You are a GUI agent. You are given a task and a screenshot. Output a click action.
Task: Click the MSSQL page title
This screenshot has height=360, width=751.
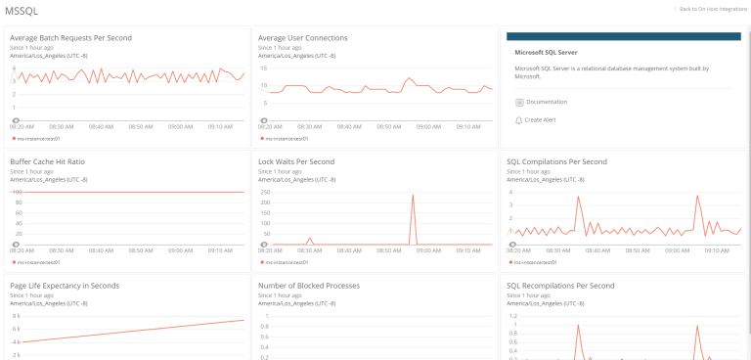pos(21,10)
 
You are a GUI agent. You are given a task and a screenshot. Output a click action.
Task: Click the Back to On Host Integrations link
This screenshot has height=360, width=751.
pos(711,8)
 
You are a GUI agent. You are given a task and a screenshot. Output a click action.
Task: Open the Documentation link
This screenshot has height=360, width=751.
pos(546,102)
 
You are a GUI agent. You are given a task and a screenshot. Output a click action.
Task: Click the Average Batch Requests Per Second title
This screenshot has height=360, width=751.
pos(70,38)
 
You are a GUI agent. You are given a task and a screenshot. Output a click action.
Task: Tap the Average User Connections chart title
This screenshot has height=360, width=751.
pos(302,38)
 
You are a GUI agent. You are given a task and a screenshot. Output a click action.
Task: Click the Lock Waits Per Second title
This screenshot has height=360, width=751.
pos(296,161)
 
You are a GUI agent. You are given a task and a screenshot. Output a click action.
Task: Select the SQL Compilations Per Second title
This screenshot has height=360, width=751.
pos(556,161)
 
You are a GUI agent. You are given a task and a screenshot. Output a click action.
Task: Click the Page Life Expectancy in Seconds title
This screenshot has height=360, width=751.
pos(65,286)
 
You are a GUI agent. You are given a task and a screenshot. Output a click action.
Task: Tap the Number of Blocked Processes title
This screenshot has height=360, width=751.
pos(309,286)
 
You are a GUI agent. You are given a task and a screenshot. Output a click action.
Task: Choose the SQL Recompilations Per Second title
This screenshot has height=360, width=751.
pos(560,286)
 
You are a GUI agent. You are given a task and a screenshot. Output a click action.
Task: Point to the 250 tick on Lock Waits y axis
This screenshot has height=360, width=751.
pos(264,192)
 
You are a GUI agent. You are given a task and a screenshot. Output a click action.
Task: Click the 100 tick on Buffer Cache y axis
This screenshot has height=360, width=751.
pos(17,192)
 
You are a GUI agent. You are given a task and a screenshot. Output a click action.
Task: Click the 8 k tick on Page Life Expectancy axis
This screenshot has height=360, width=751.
pos(16,316)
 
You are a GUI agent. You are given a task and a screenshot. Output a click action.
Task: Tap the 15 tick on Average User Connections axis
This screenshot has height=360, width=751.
pos(263,68)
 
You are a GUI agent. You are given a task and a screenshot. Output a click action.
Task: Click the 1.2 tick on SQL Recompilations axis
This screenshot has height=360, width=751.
pos(511,316)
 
